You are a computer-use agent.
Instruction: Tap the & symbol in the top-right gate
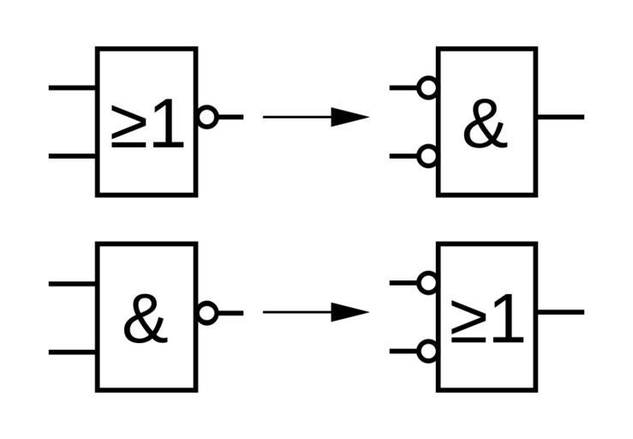click(485, 125)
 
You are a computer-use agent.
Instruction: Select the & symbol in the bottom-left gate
click(145, 321)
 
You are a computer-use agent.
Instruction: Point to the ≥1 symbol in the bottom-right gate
click(487, 321)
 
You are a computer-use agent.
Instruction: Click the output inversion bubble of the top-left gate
click(207, 117)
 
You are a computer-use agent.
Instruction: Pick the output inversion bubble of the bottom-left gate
click(207, 313)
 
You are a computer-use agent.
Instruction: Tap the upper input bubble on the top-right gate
click(427, 87)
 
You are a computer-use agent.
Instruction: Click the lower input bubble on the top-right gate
click(427, 156)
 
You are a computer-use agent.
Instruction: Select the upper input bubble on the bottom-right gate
click(427, 283)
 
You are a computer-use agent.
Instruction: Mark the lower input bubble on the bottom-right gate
click(427, 351)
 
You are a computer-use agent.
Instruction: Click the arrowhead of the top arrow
click(349, 117)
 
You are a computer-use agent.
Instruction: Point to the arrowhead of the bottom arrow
click(349, 312)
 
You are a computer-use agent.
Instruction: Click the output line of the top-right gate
click(560, 117)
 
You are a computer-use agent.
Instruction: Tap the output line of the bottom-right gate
click(560, 312)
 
